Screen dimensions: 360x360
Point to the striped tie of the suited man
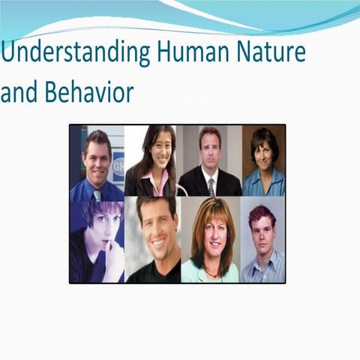pyautogui.click(x=211, y=186)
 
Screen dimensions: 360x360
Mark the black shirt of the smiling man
pyautogui.click(x=154, y=274)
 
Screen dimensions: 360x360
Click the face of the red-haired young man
pyautogui.click(x=263, y=233)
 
